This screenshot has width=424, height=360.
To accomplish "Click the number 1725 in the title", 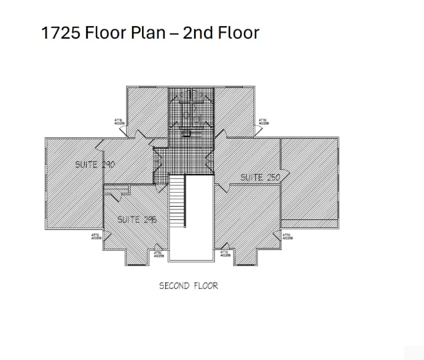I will point(61,33).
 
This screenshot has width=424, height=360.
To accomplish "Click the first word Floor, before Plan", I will point(105,33).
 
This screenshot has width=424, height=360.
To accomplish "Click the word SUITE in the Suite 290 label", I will point(87,164).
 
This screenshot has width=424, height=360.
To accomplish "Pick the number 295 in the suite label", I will point(147,219).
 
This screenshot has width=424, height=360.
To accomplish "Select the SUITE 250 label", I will point(260,177).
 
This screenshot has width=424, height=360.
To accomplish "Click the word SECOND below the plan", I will point(175,286).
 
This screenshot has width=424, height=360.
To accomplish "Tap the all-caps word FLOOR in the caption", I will point(206,286).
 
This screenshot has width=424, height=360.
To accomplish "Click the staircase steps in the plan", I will point(177,203).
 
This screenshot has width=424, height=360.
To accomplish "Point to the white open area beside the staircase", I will point(199,217).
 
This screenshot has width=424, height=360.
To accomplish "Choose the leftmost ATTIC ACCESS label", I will point(95,236).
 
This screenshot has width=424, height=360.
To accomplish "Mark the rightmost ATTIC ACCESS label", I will point(287,236).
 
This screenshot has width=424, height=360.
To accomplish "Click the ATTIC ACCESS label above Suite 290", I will point(119,121).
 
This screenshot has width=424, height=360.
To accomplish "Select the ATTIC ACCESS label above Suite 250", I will point(263,121).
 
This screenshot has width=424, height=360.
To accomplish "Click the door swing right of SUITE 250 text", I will point(284,176).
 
